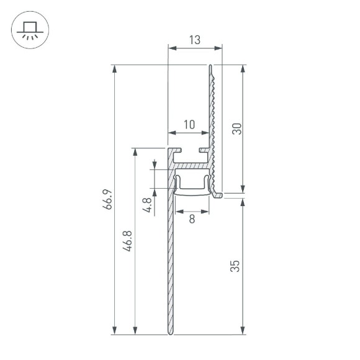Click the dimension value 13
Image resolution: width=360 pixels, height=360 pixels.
194,40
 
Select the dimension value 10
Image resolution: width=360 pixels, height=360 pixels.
189,124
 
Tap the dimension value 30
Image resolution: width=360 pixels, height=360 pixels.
236,128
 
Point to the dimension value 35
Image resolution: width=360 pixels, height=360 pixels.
235,266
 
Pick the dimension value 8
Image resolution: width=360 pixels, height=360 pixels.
192,218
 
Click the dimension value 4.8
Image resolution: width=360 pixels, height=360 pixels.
146,205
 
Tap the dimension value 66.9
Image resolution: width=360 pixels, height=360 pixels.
107,199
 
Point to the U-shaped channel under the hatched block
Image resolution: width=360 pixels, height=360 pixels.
193,184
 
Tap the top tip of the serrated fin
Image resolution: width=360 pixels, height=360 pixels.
211,65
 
